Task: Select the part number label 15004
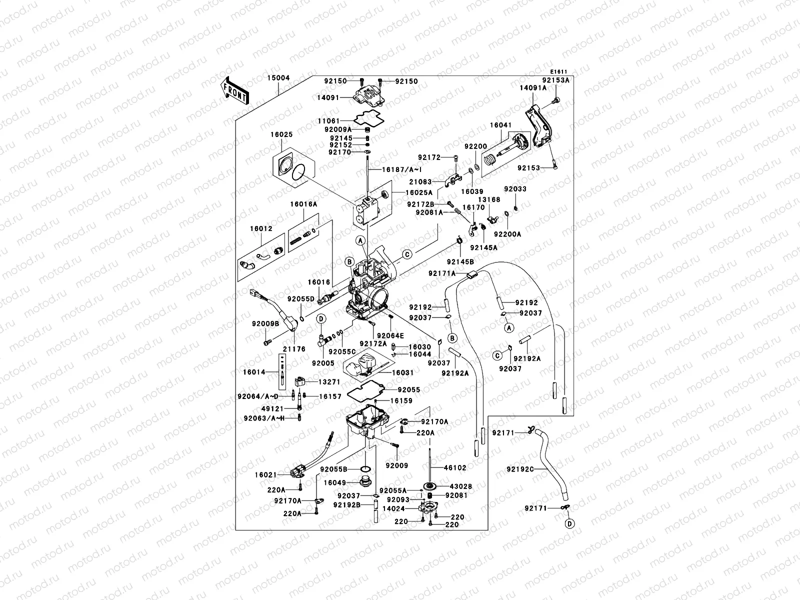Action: click(x=278, y=78)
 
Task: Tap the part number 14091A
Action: click(x=533, y=87)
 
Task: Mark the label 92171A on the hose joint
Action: click(x=442, y=273)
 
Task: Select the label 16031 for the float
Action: click(x=403, y=372)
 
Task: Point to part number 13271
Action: click(x=329, y=381)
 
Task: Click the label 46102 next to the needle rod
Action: click(x=455, y=468)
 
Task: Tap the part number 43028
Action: click(x=461, y=486)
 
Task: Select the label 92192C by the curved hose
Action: click(x=520, y=469)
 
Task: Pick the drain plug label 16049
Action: click(x=334, y=482)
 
